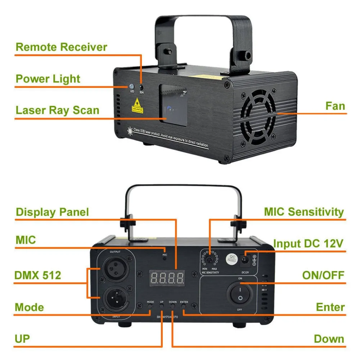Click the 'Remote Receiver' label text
[62, 47]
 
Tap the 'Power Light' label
[48, 79]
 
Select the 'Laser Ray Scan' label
[57, 110]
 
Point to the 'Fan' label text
[335, 106]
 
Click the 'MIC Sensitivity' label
[304, 212]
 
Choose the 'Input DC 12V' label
[308, 243]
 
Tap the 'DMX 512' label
[38, 275]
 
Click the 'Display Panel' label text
[52, 212]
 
